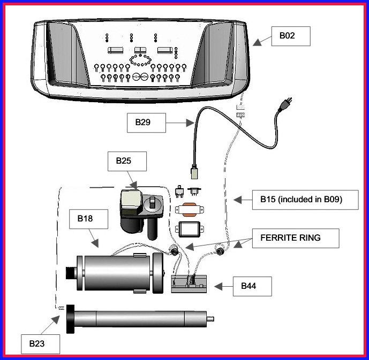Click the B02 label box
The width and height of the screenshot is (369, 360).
(x=291, y=36)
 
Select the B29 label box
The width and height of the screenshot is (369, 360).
(x=146, y=122)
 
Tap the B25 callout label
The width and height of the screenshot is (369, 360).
(x=127, y=161)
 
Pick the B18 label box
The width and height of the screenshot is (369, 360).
(x=88, y=219)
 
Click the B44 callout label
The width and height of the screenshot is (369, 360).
(x=252, y=286)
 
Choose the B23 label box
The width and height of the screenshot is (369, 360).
(x=41, y=344)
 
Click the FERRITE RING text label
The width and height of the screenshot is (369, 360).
(x=290, y=238)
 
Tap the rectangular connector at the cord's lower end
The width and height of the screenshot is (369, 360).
(x=194, y=172)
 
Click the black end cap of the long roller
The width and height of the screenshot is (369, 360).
(x=70, y=319)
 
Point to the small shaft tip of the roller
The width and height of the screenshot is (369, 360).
(x=210, y=319)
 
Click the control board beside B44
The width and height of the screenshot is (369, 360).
(x=189, y=284)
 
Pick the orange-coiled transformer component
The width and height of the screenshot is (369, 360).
(x=190, y=210)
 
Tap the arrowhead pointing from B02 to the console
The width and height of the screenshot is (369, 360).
(x=258, y=42)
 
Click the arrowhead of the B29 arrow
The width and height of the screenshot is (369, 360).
(x=190, y=122)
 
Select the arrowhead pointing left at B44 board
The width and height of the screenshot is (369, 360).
(x=219, y=287)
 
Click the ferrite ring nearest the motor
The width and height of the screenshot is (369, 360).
(x=174, y=251)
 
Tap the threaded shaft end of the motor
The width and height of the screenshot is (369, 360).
(x=70, y=273)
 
